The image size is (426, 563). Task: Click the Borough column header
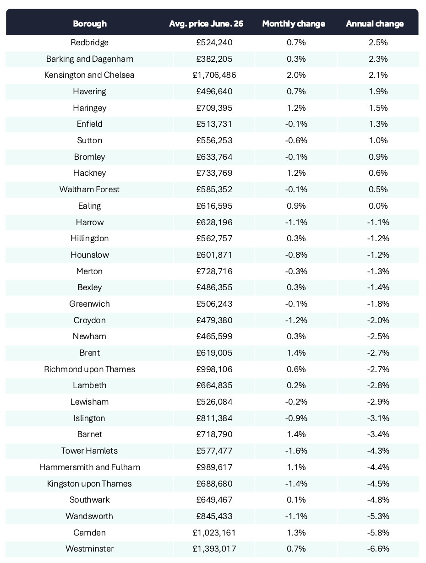click(90, 24)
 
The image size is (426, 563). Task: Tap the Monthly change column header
click(294, 24)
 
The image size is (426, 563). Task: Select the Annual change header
click(375, 24)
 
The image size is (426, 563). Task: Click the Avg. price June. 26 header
click(206, 24)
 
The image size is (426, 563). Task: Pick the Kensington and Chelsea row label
click(89, 75)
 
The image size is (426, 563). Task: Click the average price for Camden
click(214, 532)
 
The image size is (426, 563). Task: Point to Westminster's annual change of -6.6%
click(378, 549)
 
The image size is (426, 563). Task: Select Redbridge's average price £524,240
click(214, 42)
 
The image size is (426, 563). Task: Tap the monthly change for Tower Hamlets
click(296, 451)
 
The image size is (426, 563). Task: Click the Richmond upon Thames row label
click(89, 369)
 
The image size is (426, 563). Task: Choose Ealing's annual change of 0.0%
click(378, 206)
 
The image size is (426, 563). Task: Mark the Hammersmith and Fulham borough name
click(90, 467)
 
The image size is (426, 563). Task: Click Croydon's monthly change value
click(296, 320)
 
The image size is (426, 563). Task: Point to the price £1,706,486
click(214, 75)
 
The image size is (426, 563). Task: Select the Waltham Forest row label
click(89, 189)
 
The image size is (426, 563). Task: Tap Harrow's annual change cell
click(378, 222)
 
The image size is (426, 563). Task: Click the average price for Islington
click(214, 418)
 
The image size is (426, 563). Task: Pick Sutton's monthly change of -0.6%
click(296, 141)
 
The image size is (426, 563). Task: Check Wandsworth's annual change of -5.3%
click(378, 516)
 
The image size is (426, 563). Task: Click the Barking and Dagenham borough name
click(90, 59)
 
